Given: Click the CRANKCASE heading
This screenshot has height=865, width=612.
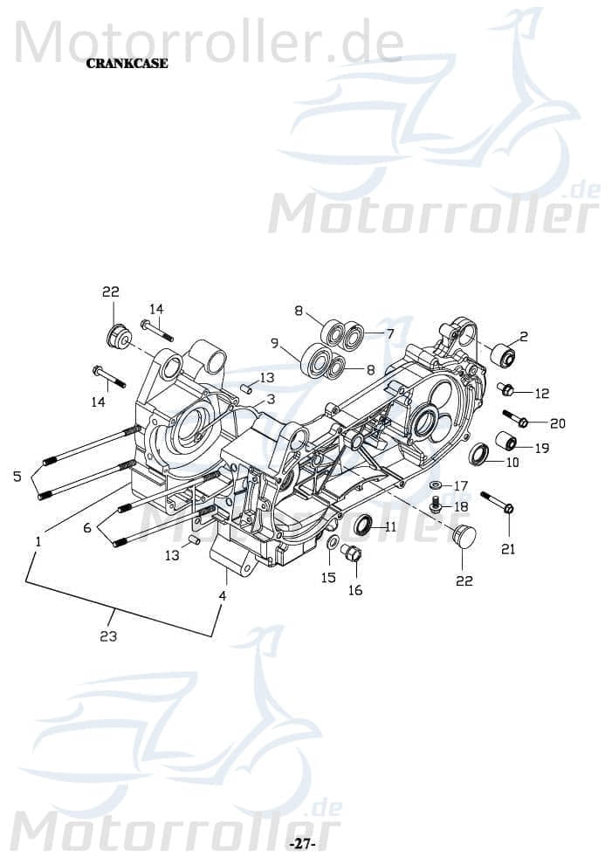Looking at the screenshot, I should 127,64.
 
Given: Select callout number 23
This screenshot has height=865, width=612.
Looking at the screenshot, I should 108,636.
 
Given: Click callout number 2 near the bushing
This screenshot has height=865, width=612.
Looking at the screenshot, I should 523,336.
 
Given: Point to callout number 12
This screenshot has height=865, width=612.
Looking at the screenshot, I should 541,394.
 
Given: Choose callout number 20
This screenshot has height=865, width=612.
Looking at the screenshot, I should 556,423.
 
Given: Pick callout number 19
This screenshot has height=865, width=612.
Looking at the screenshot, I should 541,448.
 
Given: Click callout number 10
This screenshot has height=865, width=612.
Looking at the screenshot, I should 512,462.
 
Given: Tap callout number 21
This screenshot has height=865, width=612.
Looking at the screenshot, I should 507,549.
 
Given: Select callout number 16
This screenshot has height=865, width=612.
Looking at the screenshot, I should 355,590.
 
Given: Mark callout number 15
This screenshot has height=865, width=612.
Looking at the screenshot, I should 328,578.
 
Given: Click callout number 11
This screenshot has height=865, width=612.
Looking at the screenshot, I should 389,526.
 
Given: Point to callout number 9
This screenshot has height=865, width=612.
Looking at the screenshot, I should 274,343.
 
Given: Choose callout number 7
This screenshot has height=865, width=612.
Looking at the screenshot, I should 389,333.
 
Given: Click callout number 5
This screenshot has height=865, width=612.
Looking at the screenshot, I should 17,477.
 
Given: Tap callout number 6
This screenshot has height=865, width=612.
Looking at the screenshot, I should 87,528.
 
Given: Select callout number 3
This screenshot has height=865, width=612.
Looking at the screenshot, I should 271,399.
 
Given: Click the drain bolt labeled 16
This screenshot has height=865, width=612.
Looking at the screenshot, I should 353,553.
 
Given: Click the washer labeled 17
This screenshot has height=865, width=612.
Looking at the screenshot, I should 435,484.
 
